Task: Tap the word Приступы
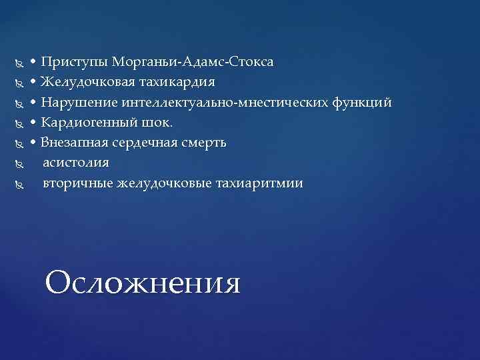(75, 63)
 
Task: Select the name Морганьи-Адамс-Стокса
(193, 63)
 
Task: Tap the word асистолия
(76, 163)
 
